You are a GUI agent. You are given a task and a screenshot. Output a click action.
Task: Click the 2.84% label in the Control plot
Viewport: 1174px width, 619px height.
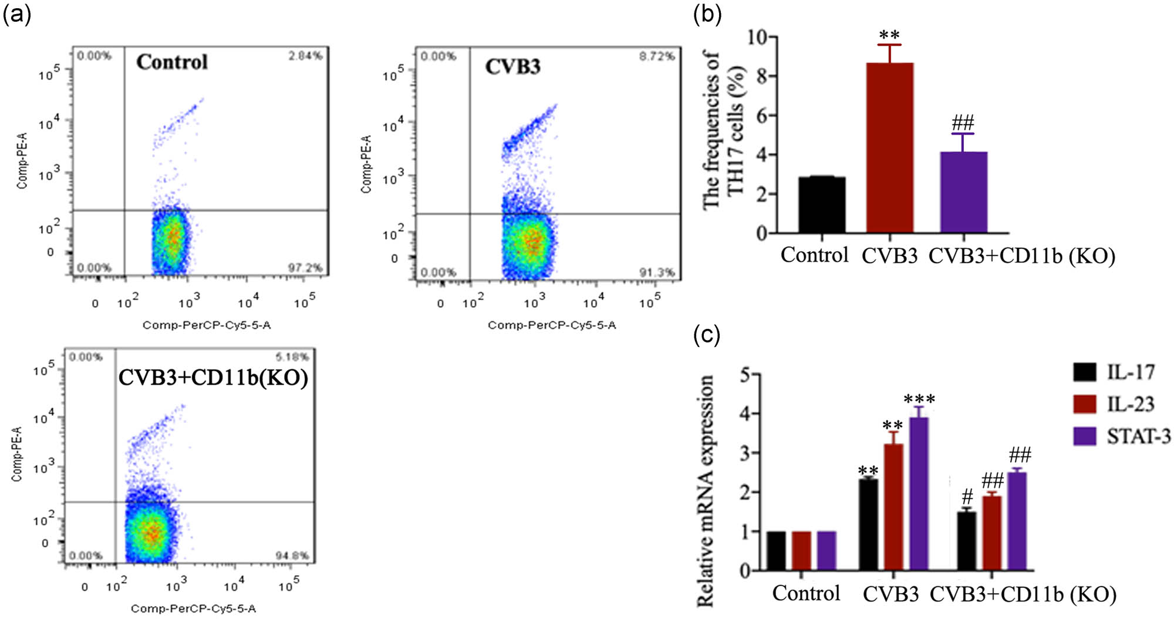coord(305,56)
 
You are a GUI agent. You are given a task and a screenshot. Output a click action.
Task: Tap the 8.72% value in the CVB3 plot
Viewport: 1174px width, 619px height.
coord(657,56)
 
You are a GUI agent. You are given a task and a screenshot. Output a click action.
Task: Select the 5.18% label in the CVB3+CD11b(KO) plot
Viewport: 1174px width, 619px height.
coord(292,357)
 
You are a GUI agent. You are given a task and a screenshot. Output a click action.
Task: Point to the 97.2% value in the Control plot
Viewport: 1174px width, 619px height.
coord(305,268)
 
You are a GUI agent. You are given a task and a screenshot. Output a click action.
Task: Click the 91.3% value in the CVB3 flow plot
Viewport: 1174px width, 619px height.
coord(657,273)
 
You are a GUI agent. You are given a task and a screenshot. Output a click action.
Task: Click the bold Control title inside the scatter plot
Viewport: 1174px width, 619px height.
coord(172,62)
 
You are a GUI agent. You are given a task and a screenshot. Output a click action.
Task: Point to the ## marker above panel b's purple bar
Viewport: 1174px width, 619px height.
coord(963,123)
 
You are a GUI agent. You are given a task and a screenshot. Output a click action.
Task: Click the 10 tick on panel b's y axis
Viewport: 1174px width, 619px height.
coord(757,38)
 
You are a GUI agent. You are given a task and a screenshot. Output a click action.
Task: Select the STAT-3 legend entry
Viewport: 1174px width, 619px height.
coord(1138,436)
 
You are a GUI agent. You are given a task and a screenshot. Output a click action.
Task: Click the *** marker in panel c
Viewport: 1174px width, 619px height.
coord(919,400)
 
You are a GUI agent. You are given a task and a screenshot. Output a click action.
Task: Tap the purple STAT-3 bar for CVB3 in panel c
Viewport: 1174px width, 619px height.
coord(919,493)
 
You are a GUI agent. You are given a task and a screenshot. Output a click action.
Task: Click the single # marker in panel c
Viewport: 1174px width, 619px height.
coord(967,497)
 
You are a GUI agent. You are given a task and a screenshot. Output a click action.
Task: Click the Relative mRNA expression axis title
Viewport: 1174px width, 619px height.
coord(706,490)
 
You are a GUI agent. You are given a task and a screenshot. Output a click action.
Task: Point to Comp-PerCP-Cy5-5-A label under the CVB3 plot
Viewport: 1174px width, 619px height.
coord(552,325)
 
